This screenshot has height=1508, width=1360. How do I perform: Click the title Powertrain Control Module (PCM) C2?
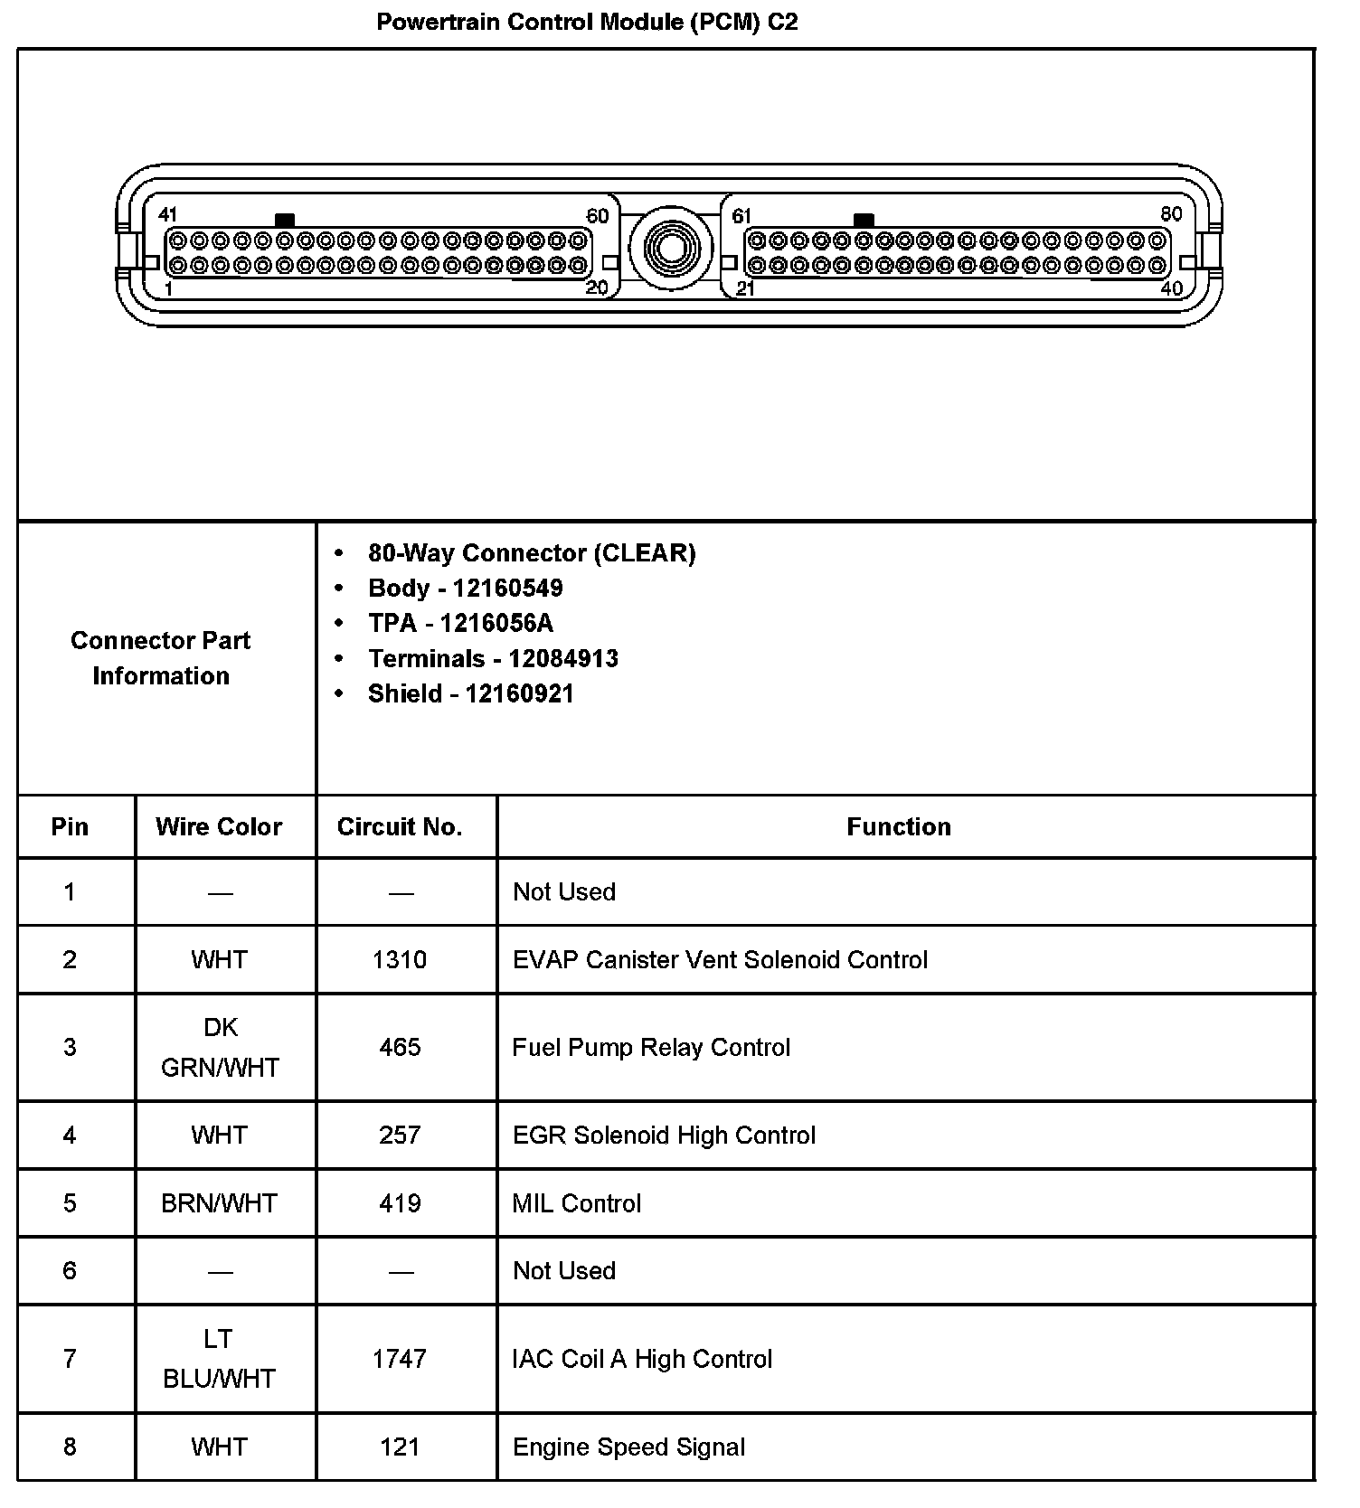pos(587,22)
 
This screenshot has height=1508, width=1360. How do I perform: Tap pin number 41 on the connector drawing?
pos(167,214)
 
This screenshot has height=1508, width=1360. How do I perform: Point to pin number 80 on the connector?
pos(1171,213)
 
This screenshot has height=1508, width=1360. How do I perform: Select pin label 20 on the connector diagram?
pos(597,287)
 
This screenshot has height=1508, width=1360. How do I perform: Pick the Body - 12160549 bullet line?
pos(465,589)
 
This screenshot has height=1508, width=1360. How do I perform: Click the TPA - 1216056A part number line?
pos(460,624)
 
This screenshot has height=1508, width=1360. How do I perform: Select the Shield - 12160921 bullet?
pos(470,694)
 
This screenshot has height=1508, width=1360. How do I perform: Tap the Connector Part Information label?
pos(161,658)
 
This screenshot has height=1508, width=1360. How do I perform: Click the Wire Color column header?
pos(219,827)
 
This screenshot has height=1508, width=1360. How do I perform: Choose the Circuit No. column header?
pos(400,827)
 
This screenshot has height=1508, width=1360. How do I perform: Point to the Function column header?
pos(899,827)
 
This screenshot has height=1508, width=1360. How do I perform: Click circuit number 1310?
pos(400,960)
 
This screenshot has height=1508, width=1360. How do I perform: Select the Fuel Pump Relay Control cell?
pos(651,1048)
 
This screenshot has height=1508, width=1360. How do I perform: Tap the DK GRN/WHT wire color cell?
pos(220,1048)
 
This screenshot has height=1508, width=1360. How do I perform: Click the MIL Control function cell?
pos(577,1204)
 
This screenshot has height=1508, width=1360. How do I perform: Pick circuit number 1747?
pos(400,1360)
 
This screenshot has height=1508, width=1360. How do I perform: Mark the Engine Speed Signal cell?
pos(629,1447)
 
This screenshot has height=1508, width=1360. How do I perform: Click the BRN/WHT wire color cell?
pos(219,1204)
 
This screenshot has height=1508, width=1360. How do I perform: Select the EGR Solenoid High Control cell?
pos(664,1136)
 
